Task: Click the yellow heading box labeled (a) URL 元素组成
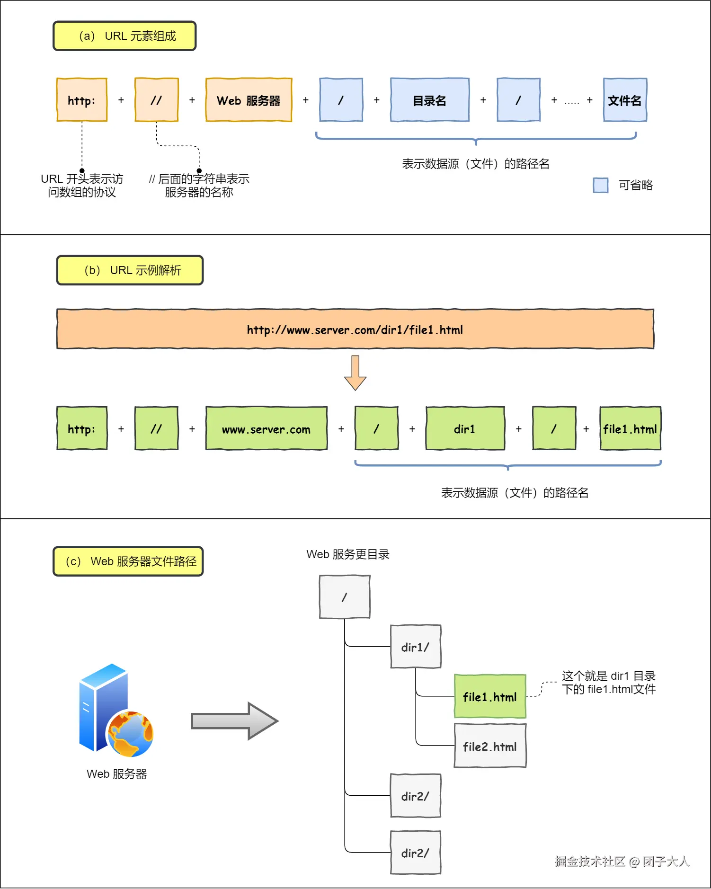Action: [x=124, y=36]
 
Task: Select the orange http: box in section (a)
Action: [x=82, y=100]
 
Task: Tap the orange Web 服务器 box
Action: [x=249, y=100]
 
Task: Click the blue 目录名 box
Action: [x=429, y=100]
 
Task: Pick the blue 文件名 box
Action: [x=625, y=100]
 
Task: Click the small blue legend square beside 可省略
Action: [x=600, y=185]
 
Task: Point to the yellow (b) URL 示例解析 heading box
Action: [x=130, y=270]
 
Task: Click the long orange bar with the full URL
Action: [x=355, y=329]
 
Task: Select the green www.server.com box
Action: [x=266, y=428]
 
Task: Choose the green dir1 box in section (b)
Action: [x=465, y=428]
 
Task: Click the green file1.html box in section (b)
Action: [x=630, y=428]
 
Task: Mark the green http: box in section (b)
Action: [x=82, y=428]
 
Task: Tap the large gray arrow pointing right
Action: [x=234, y=721]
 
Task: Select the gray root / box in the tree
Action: [x=345, y=597]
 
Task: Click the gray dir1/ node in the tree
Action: [x=416, y=647]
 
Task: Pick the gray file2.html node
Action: [x=490, y=746]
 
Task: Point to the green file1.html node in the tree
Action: [x=490, y=696]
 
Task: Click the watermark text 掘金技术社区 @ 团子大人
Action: [x=622, y=861]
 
